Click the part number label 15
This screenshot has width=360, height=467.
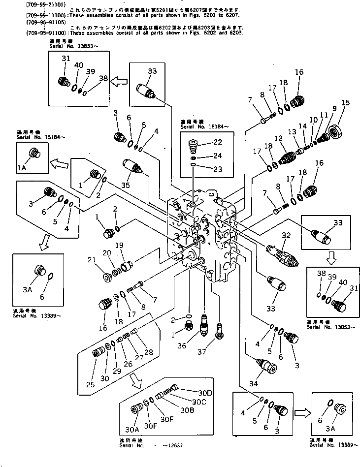[x=345, y=102]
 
